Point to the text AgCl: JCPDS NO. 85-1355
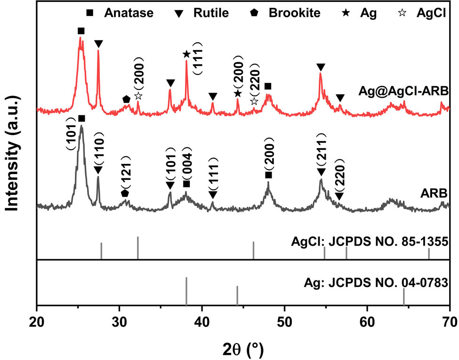(x=369, y=243)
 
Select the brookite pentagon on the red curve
(x=126, y=99)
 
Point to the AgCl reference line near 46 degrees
(x=253, y=250)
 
